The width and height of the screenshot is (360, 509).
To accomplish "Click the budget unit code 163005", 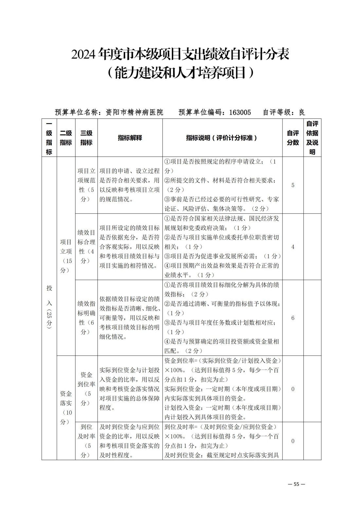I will pyautogui.click(x=240, y=112).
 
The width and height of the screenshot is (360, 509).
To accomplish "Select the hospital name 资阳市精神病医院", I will pyautogui.click(x=135, y=112).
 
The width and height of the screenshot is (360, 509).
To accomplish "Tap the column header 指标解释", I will pyautogui.click(x=130, y=138).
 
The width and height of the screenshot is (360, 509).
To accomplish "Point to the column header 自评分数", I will pyautogui.click(x=293, y=138).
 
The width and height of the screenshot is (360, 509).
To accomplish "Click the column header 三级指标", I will pyautogui.click(x=86, y=138).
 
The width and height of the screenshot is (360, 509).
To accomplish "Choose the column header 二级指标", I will pyautogui.click(x=66, y=138).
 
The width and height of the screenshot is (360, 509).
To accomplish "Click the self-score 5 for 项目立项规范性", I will pyautogui.click(x=293, y=185).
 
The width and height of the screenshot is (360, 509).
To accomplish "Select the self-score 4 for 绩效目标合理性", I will pyautogui.click(x=293, y=247).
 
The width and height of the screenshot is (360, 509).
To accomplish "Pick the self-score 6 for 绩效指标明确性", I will pyautogui.click(x=293, y=318).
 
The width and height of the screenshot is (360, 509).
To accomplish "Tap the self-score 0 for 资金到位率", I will pyautogui.click(x=293, y=389).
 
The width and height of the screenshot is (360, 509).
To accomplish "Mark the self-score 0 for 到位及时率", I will pyautogui.click(x=293, y=441).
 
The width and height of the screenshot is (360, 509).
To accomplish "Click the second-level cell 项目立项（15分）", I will pyautogui.click(x=66, y=256).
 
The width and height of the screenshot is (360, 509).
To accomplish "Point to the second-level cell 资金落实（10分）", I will pyautogui.click(x=66, y=403).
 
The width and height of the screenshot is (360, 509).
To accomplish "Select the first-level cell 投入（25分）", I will pyautogui.click(x=49, y=306).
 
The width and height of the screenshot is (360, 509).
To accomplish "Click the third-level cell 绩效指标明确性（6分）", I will pyautogui.click(x=86, y=318).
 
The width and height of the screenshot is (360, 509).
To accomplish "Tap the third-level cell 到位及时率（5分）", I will pyautogui.click(x=86, y=441).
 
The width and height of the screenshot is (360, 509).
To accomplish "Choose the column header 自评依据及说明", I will pyautogui.click(x=312, y=138).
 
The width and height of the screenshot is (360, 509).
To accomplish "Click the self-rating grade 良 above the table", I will pyautogui.click(x=302, y=112).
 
